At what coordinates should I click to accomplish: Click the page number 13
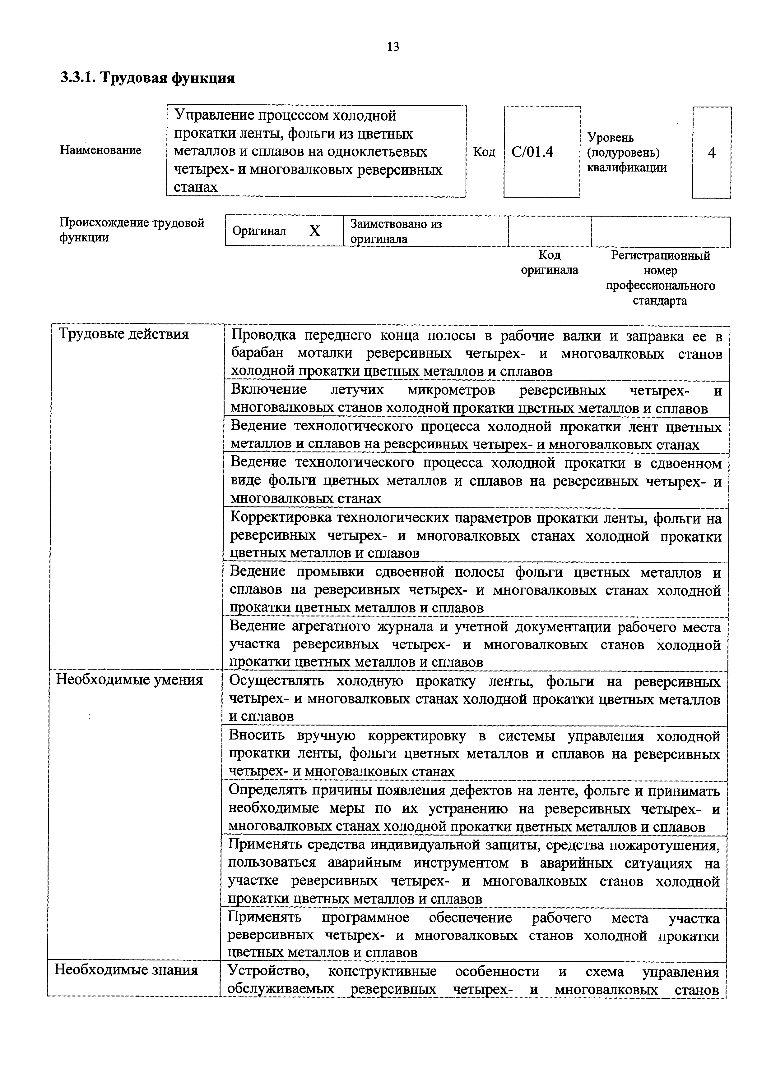(x=393, y=47)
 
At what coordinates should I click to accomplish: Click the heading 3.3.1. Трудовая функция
(x=147, y=77)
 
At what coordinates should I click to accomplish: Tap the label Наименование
(x=100, y=150)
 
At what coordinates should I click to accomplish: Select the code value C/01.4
(x=532, y=152)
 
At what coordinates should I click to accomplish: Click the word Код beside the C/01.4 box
(x=484, y=152)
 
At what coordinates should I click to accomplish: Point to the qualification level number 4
(x=711, y=153)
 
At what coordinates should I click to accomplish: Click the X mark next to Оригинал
(x=314, y=231)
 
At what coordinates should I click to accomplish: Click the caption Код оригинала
(x=549, y=263)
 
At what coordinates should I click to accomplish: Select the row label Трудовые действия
(x=123, y=334)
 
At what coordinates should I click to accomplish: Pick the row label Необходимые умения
(x=129, y=680)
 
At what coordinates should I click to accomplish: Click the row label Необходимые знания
(x=126, y=969)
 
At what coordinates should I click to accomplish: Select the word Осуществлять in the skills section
(x=276, y=681)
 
